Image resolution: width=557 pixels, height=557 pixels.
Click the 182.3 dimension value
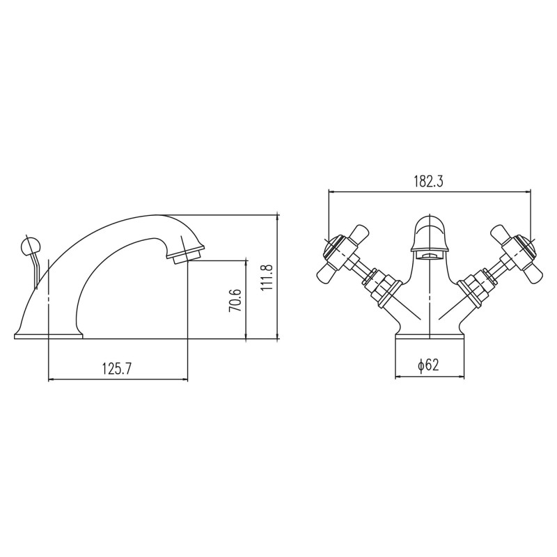pyautogui.click(x=429, y=181)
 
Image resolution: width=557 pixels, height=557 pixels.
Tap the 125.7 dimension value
pyautogui.click(x=117, y=369)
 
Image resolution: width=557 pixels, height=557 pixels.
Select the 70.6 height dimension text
pyautogui.click(x=235, y=301)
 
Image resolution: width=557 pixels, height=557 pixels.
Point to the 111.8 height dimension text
pyautogui.click(x=267, y=278)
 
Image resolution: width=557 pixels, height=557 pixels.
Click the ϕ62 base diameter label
pyautogui.click(x=428, y=365)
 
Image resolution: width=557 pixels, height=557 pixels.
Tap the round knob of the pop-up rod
pyautogui.click(x=31, y=246)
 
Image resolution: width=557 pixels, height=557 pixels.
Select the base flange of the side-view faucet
pyautogui.click(x=48, y=336)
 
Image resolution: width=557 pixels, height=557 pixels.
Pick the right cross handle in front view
pyautogui.click(x=516, y=255)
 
